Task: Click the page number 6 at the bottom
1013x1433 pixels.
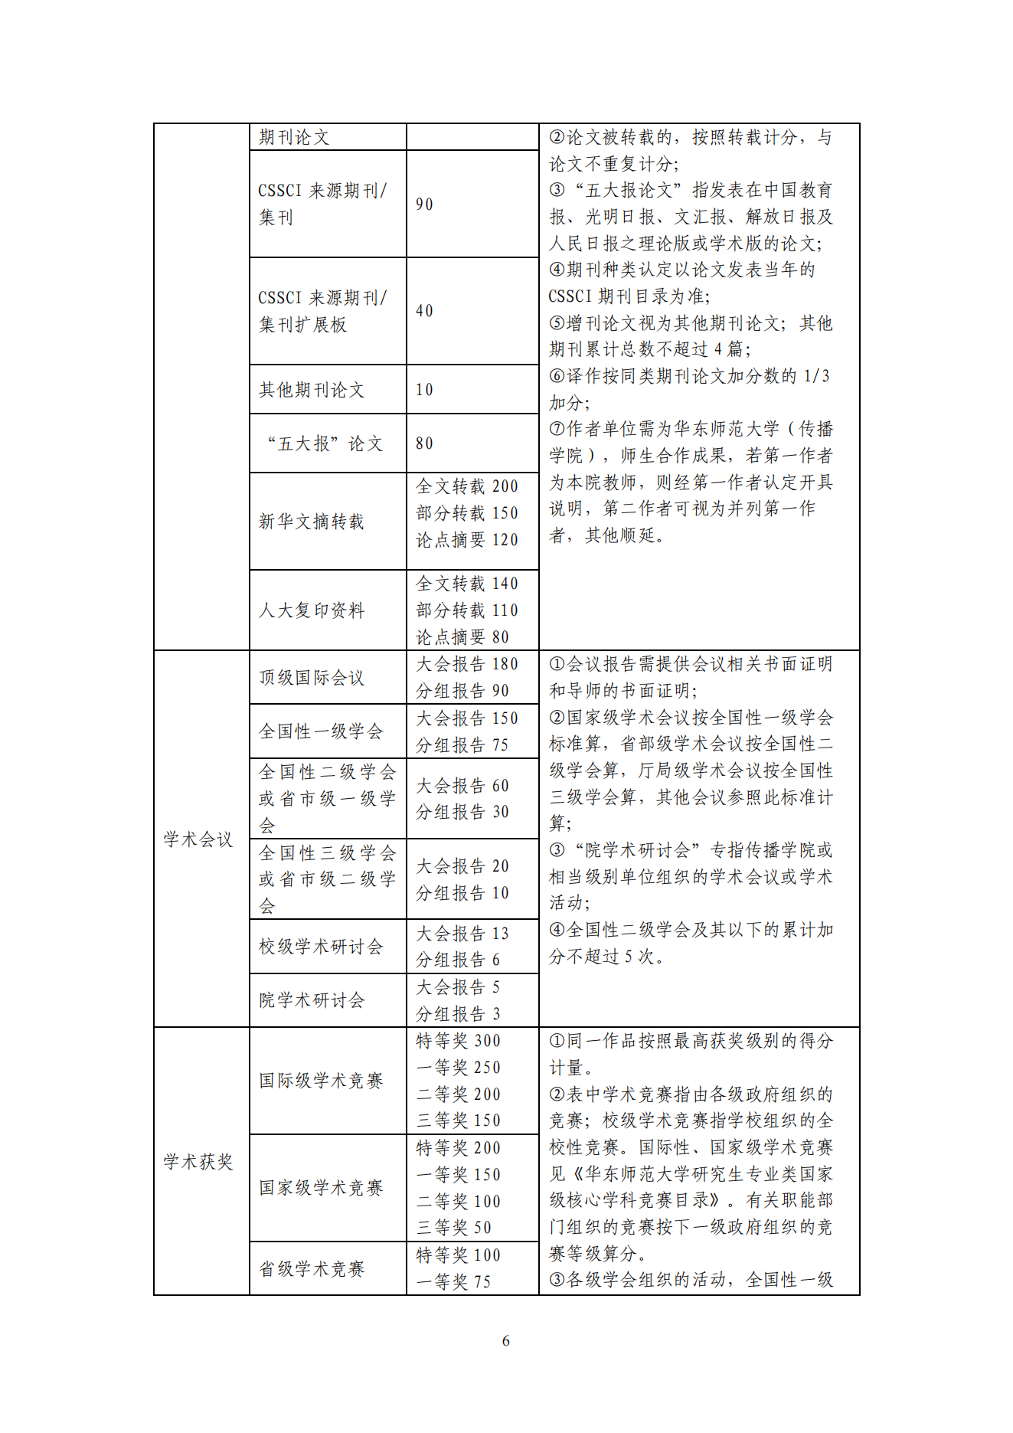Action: point(505,1340)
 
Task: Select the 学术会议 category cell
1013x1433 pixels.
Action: point(198,839)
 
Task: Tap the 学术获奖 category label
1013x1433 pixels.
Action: point(198,1162)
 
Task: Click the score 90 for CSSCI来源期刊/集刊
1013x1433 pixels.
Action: point(424,204)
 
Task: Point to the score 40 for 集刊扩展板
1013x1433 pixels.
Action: point(424,311)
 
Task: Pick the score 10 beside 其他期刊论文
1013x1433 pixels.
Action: point(424,390)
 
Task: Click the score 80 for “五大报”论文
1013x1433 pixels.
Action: point(424,443)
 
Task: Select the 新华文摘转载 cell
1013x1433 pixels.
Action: point(312,522)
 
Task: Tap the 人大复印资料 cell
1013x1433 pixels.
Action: point(312,610)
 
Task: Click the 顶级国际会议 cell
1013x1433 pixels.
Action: point(312,678)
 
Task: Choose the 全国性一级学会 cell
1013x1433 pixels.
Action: point(321,731)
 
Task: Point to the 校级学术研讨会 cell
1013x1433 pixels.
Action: point(321,947)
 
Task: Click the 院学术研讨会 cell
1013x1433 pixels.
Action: point(312,1000)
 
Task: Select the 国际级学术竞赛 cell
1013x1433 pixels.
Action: point(321,1081)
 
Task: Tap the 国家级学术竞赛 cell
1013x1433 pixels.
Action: point(321,1188)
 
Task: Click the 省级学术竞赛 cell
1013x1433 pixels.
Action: point(312,1269)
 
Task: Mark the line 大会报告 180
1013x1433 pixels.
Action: point(467,664)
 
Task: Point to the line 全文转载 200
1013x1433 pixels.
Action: point(467,486)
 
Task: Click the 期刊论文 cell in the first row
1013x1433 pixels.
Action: point(294,137)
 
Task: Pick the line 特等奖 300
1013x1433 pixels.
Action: point(458,1041)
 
